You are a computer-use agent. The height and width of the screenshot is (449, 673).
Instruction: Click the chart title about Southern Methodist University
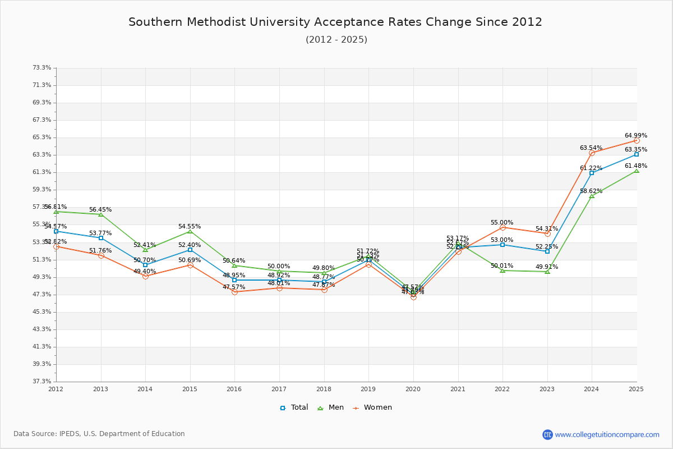335,22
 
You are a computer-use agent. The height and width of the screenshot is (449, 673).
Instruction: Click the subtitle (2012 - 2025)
336,40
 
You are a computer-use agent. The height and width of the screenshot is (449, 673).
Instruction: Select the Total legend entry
294,407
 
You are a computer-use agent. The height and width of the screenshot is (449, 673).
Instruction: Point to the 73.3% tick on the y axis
42,68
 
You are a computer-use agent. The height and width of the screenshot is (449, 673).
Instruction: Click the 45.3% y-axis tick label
42,312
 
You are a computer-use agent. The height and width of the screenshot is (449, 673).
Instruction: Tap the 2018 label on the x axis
324,389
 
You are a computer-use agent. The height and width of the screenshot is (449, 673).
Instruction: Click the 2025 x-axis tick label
636,389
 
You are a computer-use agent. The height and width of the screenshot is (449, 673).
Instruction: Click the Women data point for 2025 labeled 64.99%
637,140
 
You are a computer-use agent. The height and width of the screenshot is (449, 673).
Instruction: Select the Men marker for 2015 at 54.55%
190,231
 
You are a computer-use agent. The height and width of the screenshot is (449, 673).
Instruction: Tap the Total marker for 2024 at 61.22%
592,173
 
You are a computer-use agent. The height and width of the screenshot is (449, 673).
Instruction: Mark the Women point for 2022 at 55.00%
503,227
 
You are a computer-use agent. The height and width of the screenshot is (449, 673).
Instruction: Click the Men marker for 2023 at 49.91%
547,272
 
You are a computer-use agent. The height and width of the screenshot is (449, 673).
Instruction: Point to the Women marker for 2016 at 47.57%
234,292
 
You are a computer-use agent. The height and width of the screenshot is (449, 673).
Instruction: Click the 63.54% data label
591,148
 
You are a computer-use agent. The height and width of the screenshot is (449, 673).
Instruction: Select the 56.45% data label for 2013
100,210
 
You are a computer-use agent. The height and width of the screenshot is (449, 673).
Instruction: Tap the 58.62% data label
591,191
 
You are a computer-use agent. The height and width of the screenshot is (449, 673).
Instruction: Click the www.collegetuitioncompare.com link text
607,434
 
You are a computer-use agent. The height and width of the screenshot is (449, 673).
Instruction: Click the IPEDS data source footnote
99,434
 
